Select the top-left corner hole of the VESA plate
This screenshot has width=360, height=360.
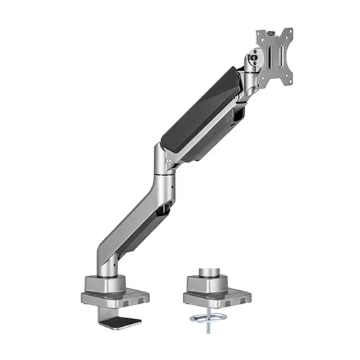pos(260,34)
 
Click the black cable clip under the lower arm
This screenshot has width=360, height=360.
pos(166,210)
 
